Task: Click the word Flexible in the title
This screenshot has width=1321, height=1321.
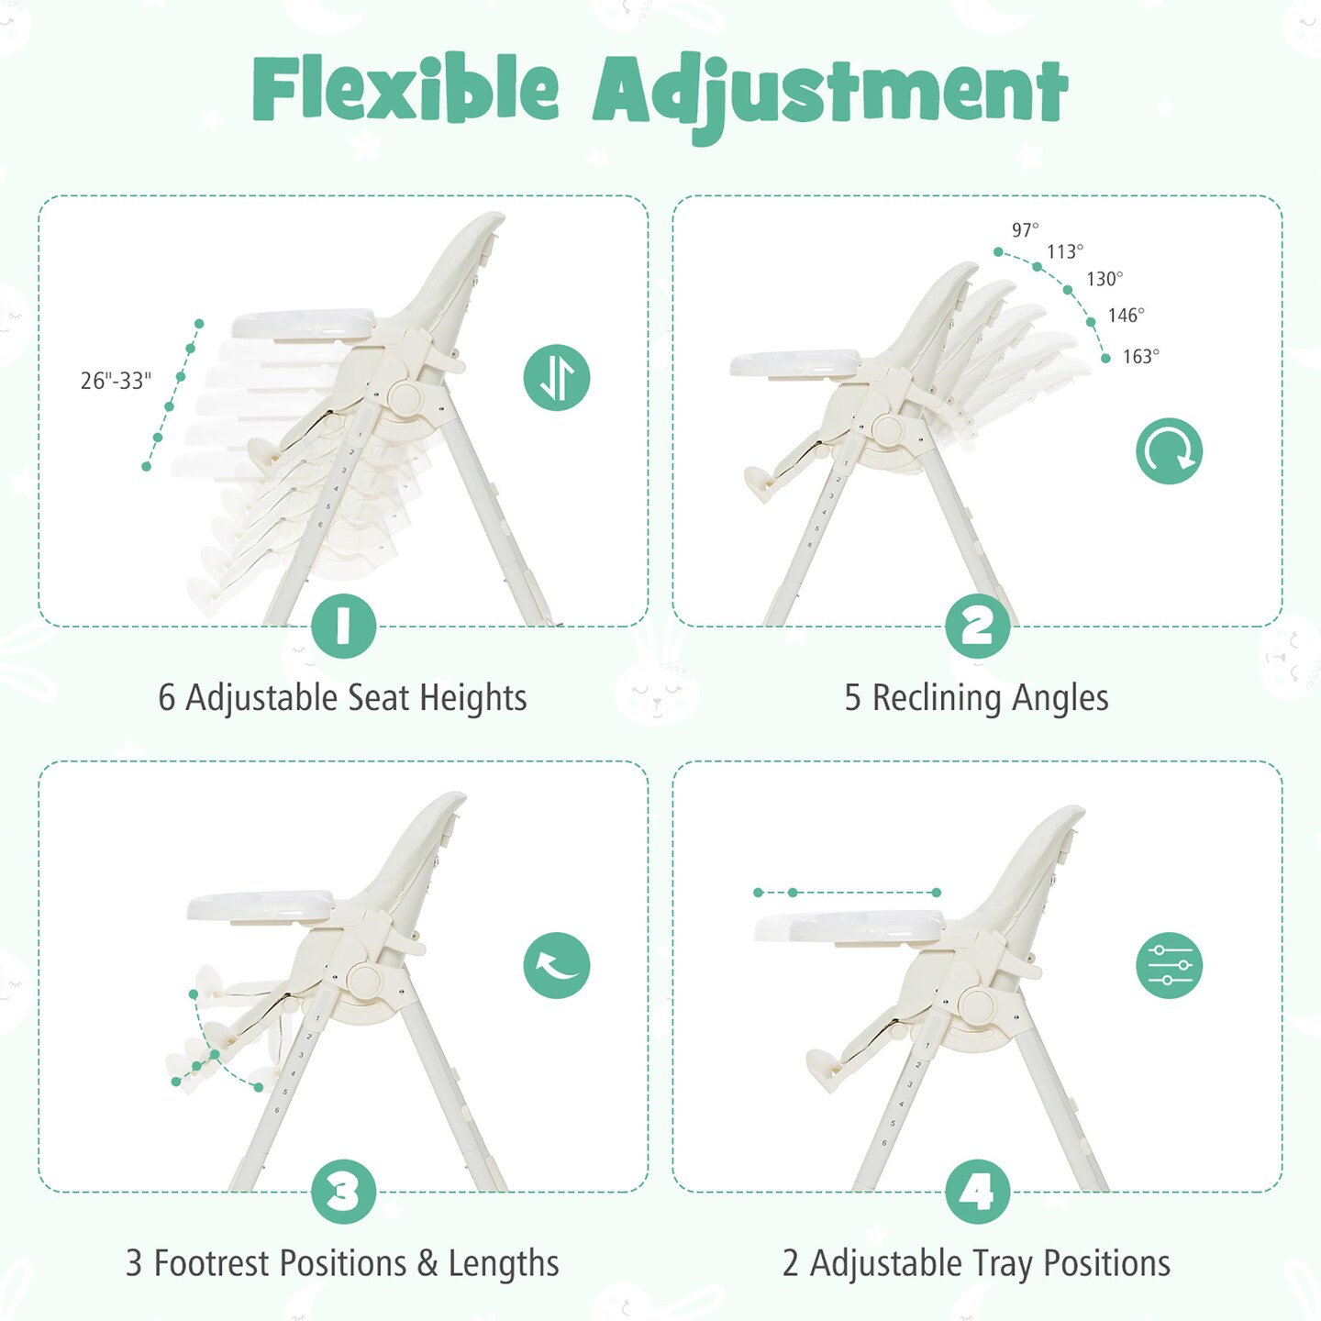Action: [405, 90]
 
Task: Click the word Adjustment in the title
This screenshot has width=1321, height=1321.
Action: [829, 92]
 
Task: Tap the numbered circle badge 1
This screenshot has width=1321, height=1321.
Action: [344, 626]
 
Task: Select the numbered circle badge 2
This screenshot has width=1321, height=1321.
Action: [978, 626]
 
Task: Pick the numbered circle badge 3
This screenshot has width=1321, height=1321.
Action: [344, 1192]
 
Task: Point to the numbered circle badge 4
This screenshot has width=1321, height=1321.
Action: [978, 1192]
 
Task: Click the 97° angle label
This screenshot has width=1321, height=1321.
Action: [1026, 229]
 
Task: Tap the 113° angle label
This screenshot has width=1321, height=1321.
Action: [1065, 251]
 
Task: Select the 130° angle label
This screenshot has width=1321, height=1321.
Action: [1105, 279]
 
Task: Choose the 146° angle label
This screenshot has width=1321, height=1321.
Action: [1127, 316]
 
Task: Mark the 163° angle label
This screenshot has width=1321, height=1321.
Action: [1141, 357]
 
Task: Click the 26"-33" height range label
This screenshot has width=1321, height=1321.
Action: [116, 381]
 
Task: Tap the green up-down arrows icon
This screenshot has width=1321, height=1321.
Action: [557, 377]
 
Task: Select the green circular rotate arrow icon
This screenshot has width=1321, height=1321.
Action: [1169, 450]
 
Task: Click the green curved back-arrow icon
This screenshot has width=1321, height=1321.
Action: [557, 965]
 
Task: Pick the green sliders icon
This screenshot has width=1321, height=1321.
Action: [1169, 965]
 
